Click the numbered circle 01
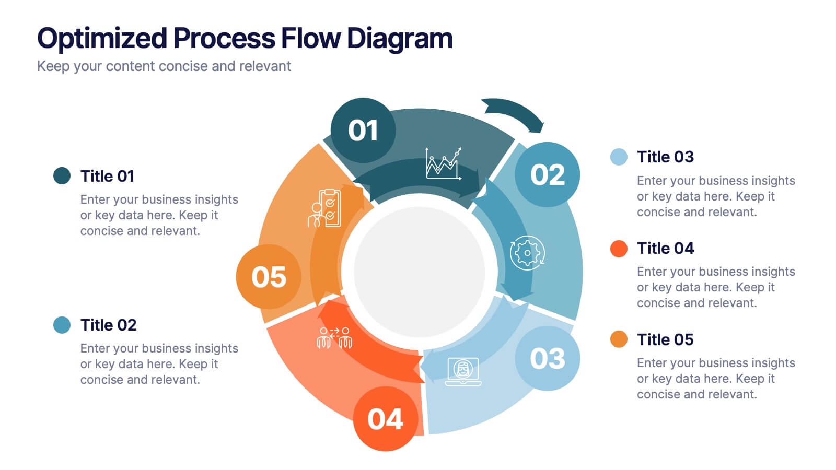(x=363, y=130)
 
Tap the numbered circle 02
(x=547, y=174)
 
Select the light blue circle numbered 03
(x=547, y=358)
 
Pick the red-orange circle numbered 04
(x=386, y=419)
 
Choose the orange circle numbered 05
(x=269, y=277)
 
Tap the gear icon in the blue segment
(x=527, y=253)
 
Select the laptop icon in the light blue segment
(x=463, y=371)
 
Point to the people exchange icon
(x=334, y=337)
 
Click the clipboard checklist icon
(x=324, y=208)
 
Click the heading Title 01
(x=107, y=177)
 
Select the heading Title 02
(x=108, y=325)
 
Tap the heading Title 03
(x=665, y=157)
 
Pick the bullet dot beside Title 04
(x=619, y=249)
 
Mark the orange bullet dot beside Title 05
(x=619, y=339)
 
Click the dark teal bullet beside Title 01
(x=62, y=176)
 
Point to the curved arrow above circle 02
(x=514, y=113)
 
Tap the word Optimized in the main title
(x=102, y=38)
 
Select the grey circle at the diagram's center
(x=419, y=271)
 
